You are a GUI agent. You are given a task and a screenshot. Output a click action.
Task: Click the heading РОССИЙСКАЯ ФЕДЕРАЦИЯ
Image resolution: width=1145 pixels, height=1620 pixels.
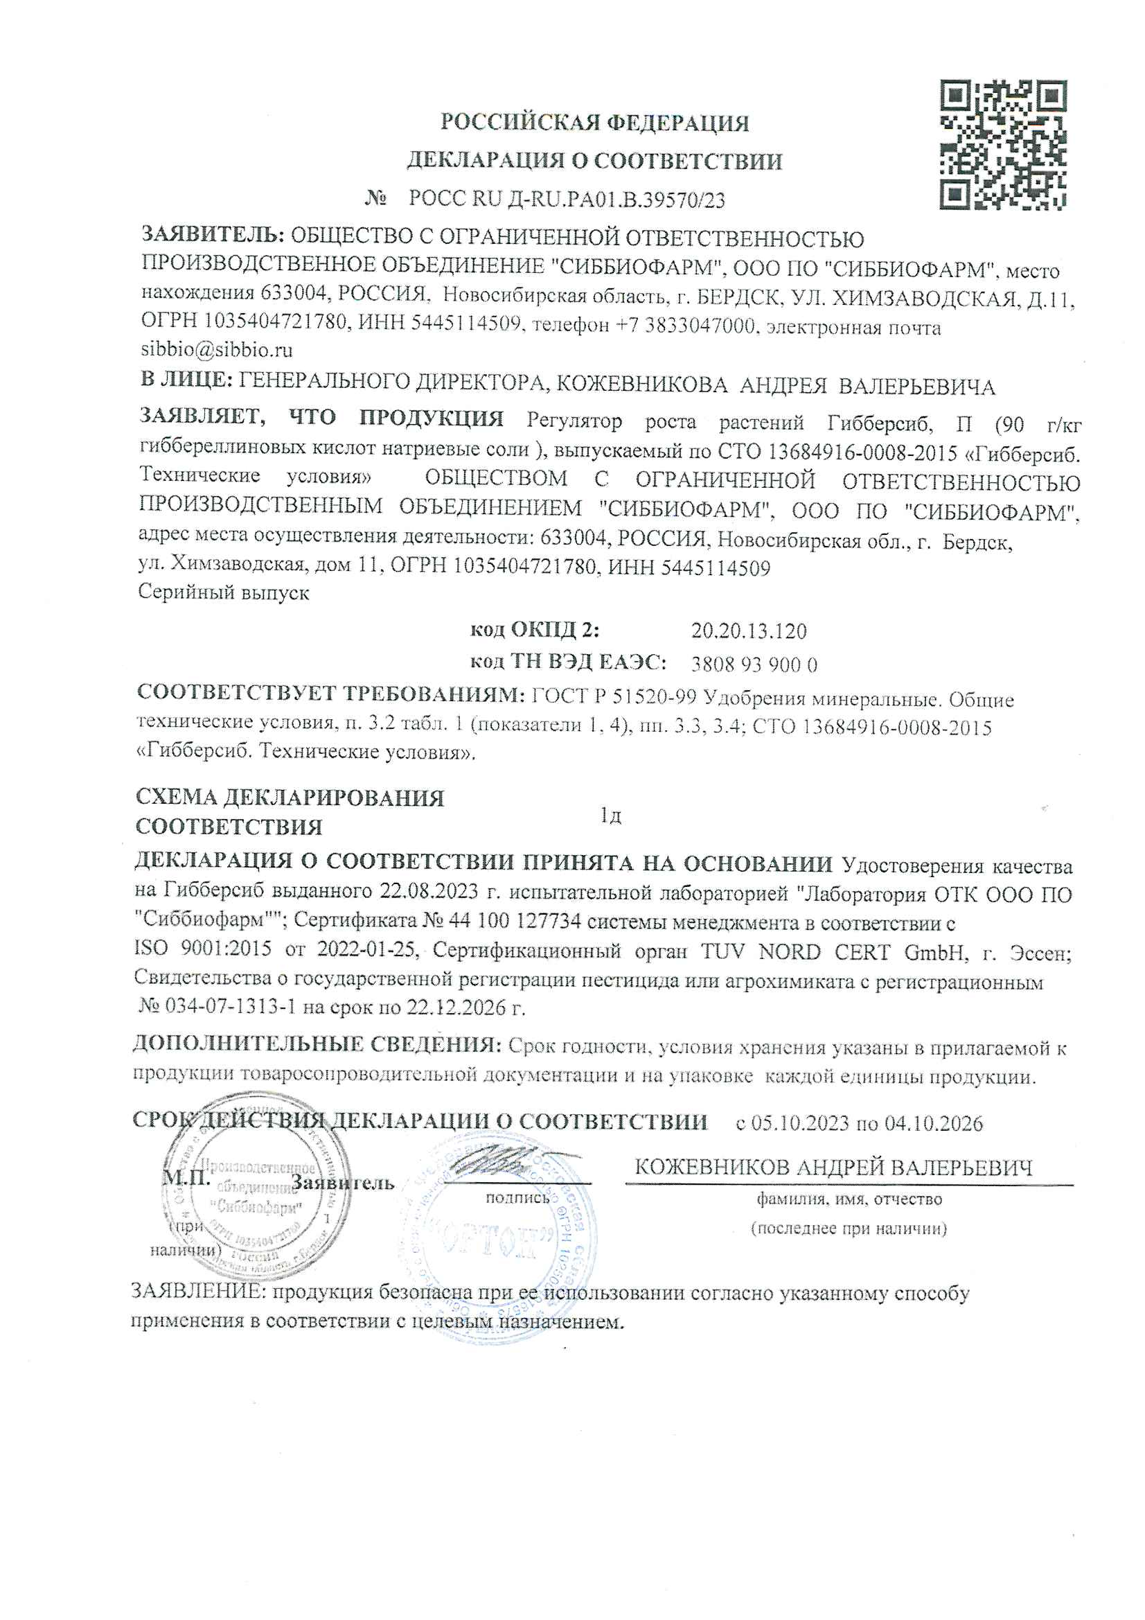(x=594, y=123)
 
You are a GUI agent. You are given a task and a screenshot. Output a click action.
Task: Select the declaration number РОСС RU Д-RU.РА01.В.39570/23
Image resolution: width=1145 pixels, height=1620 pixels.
(x=567, y=200)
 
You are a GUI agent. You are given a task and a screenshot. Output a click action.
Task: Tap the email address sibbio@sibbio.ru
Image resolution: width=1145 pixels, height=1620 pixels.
(x=217, y=350)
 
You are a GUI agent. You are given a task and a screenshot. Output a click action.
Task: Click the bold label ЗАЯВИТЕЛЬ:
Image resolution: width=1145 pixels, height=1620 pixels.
(x=213, y=234)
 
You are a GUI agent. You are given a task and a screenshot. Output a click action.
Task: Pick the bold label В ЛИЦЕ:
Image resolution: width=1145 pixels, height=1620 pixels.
(x=186, y=380)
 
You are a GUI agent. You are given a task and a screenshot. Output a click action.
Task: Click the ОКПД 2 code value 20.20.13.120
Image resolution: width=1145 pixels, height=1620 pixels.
(x=749, y=631)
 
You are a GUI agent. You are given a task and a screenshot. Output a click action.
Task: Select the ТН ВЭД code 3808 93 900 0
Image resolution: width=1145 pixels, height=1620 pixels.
(x=754, y=664)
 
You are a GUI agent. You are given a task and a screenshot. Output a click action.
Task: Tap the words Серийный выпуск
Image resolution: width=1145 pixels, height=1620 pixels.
(x=223, y=592)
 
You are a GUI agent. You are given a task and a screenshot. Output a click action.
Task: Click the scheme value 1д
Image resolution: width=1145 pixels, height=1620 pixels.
(x=610, y=816)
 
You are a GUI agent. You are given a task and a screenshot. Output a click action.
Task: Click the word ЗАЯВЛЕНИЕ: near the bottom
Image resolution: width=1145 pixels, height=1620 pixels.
(x=199, y=1293)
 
